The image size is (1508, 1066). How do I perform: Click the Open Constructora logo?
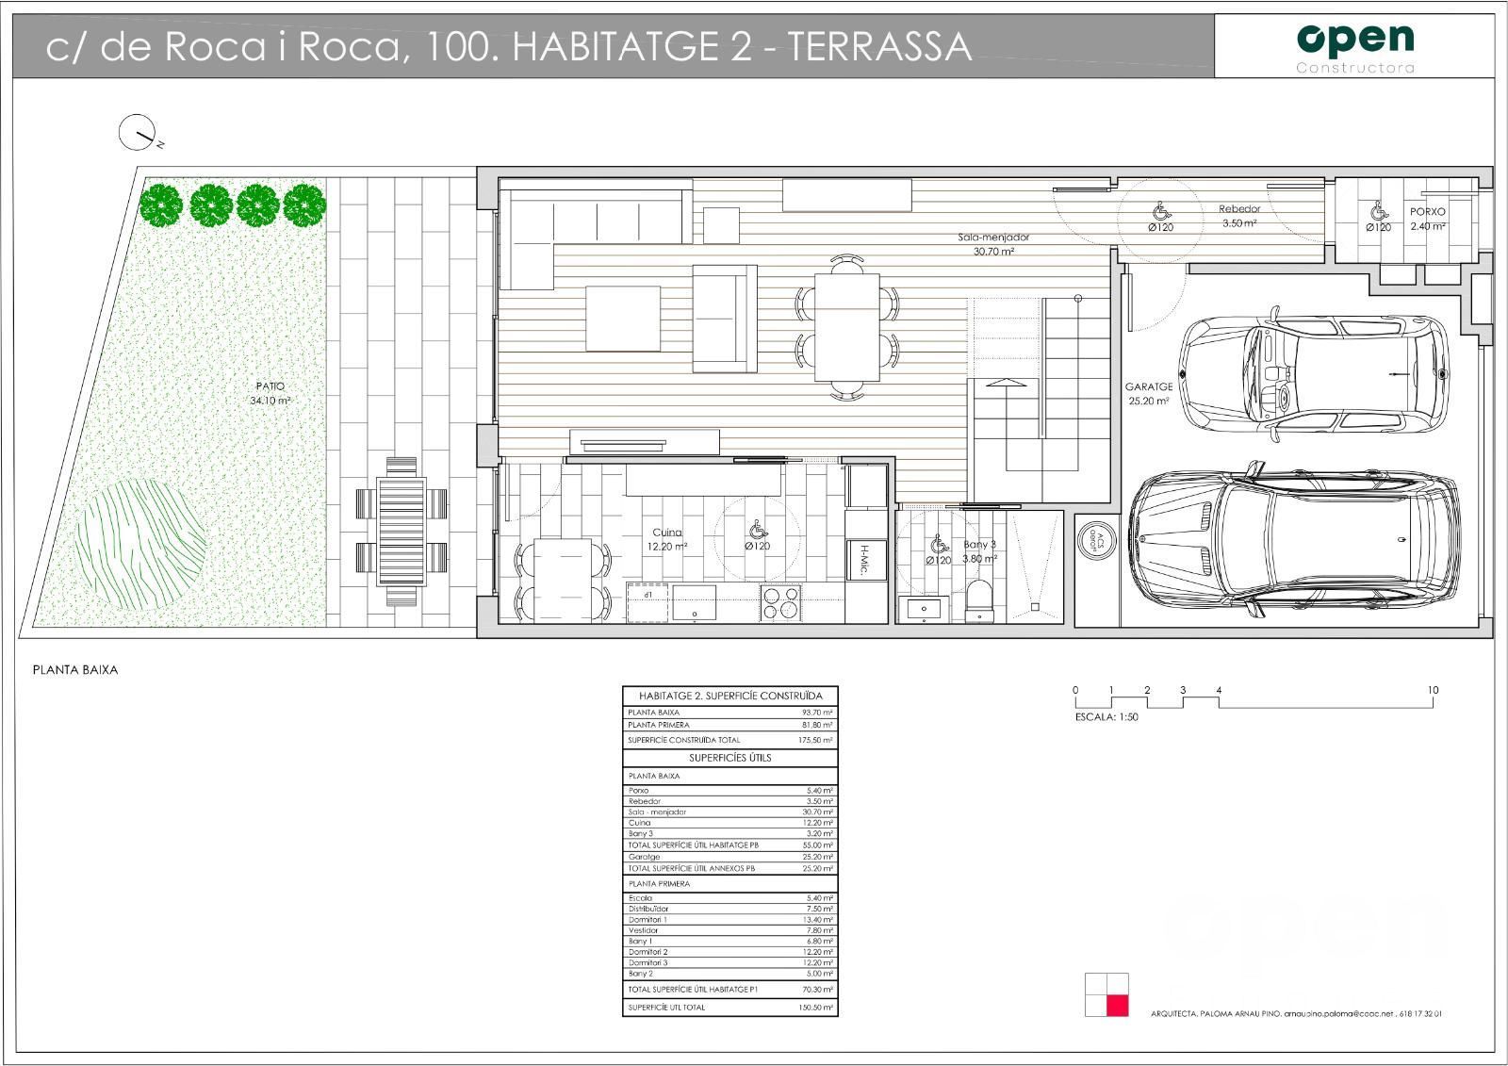click(x=1355, y=45)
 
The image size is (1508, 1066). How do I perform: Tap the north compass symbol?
click(x=137, y=134)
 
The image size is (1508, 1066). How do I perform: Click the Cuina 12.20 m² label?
click(x=666, y=539)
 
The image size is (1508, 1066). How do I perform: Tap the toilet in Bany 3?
click(x=979, y=600)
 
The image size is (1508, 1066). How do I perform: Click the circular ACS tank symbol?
click(x=1094, y=540)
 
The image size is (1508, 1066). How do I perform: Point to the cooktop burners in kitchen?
click(x=781, y=603)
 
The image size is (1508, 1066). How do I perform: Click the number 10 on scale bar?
click(x=1433, y=691)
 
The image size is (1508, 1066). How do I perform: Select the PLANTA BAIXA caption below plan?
click(x=75, y=670)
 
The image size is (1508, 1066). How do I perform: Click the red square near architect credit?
click(x=1118, y=1005)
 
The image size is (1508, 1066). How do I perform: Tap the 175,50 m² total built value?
click(x=815, y=741)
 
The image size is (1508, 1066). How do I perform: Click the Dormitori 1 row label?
click(x=647, y=920)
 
